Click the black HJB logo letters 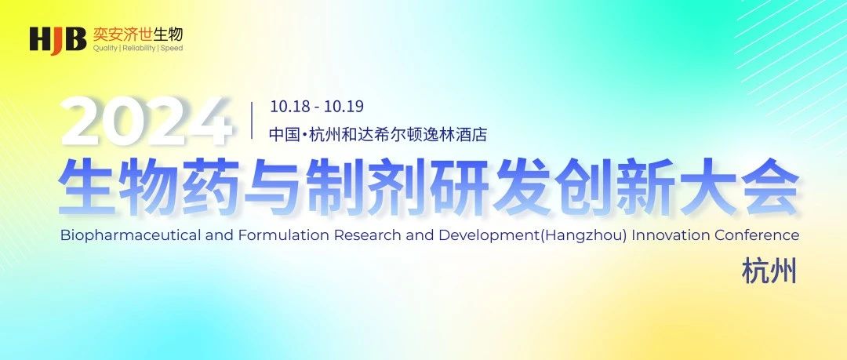click(57, 38)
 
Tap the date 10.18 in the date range click(286, 106)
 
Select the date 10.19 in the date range click(347, 106)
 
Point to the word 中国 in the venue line click(281, 134)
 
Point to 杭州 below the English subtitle click(769, 272)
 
